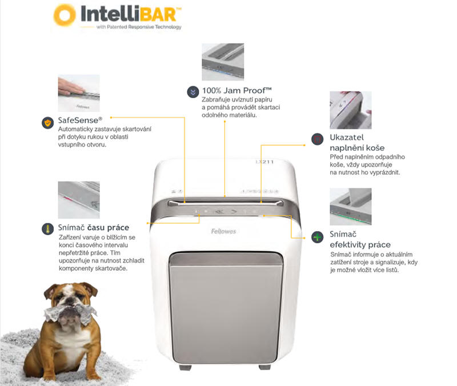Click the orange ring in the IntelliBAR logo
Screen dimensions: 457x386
65,15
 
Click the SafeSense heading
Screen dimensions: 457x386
80,120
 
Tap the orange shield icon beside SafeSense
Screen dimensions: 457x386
47,123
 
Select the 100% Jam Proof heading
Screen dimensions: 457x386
237,91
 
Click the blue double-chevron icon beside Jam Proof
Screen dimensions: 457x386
193,92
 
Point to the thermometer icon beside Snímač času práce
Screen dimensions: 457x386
47,229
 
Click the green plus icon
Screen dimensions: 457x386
318,237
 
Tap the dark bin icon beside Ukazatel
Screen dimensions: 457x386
318,139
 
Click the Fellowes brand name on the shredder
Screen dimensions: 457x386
223,231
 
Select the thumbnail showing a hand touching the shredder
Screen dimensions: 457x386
79,93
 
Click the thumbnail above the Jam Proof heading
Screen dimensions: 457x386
223,62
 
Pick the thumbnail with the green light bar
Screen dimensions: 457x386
351,207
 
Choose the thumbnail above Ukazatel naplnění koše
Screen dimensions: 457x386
351,110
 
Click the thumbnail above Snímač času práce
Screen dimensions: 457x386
79,200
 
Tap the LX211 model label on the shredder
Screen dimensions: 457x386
264,162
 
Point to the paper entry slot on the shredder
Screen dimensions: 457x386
225,202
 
